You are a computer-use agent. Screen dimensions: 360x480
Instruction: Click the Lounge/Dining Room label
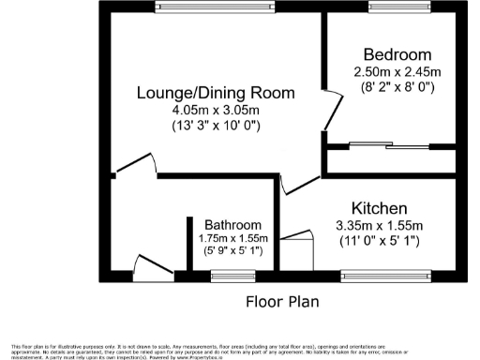coord(216,94)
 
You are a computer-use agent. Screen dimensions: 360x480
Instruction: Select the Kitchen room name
coord(380,207)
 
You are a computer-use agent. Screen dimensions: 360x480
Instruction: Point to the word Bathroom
coord(232,225)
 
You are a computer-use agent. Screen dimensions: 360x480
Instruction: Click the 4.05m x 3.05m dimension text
coord(216,110)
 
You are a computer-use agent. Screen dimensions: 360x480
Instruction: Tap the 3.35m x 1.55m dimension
coord(380,225)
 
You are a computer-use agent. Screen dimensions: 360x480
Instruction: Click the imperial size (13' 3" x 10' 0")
coord(216,126)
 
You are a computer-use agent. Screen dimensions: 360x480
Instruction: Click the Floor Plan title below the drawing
coord(282,302)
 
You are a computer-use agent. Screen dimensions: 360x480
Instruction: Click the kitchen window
coord(380,276)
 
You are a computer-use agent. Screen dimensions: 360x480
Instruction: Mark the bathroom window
coord(226,276)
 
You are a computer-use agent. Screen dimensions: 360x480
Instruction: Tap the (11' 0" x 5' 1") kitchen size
coord(380,241)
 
